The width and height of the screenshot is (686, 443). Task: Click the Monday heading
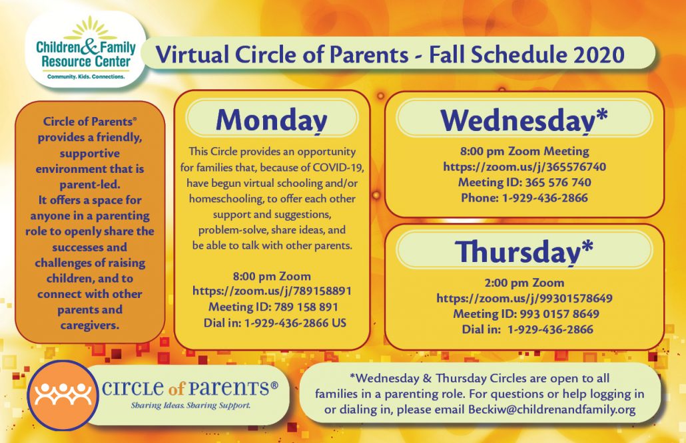[x=272, y=120]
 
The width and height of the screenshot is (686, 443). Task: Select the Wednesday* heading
[x=523, y=120]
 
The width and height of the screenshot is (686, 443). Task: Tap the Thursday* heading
[x=523, y=251]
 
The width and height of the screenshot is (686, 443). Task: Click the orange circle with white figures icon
[x=63, y=395]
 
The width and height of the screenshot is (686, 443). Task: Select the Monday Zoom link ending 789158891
[x=272, y=291]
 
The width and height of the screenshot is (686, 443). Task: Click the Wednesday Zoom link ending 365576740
[x=525, y=167]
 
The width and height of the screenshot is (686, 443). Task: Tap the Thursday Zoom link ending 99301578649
[x=524, y=299]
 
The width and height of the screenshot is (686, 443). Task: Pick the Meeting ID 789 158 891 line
[x=273, y=307]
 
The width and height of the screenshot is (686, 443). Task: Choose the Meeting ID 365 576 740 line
[x=524, y=182]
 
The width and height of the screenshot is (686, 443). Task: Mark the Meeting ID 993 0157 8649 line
[x=526, y=314]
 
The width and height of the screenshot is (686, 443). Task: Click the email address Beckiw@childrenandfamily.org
[x=551, y=410]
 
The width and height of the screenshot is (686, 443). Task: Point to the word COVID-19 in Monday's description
[x=338, y=168]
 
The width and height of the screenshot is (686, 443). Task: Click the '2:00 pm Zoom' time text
[x=524, y=283]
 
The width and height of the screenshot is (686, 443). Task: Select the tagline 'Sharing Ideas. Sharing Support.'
[x=190, y=406]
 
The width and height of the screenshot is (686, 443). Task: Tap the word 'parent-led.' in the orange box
[x=90, y=184]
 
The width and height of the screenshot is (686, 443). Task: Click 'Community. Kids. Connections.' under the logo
[x=86, y=77]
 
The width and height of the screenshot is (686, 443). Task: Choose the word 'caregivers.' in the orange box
[x=90, y=325]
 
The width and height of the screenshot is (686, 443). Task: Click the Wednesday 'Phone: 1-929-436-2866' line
[x=524, y=198]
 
